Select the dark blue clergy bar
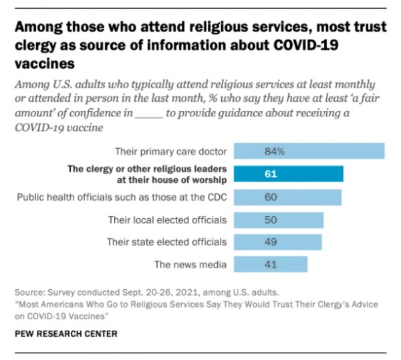(x=288, y=174)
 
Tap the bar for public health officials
(x=287, y=197)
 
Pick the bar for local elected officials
(x=278, y=219)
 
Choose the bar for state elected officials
(x=277, y=242)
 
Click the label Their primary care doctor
(x=170, y=151)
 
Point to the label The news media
(x=190, y=264)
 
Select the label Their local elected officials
(x=167, y=219)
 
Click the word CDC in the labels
(x=215, y=197)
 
